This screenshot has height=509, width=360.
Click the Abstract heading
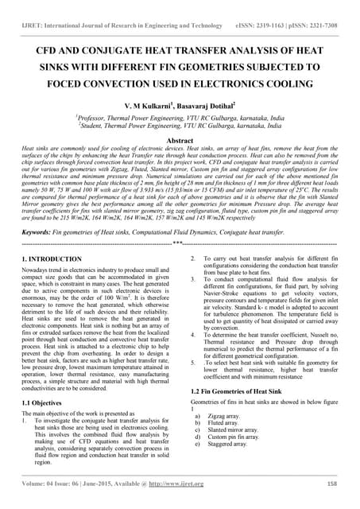(180, 138)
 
